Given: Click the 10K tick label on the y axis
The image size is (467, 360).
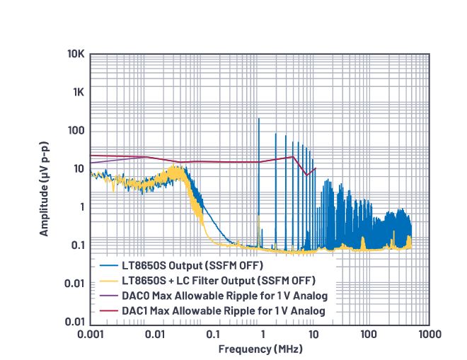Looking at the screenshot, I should tap(76, 54).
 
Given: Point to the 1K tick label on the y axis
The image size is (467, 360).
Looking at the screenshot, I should tap(78, 93).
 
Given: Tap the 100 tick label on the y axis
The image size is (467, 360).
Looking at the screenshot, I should tap(76, 131).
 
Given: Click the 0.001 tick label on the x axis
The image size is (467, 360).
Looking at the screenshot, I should tap(90, 333).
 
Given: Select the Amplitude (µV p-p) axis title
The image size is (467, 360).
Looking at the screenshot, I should tap(44, 188).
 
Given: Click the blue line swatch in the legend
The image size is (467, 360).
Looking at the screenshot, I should tap(108, 265).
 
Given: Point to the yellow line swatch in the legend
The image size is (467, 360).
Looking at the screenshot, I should tap(108, 280).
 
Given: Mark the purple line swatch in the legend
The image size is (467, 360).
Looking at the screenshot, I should tap(108, 295).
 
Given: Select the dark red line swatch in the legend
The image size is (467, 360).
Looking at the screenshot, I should tap(108, 310).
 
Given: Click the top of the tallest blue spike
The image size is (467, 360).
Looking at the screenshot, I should tap(259, 118).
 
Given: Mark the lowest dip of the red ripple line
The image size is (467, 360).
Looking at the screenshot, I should tap(307, 175).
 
